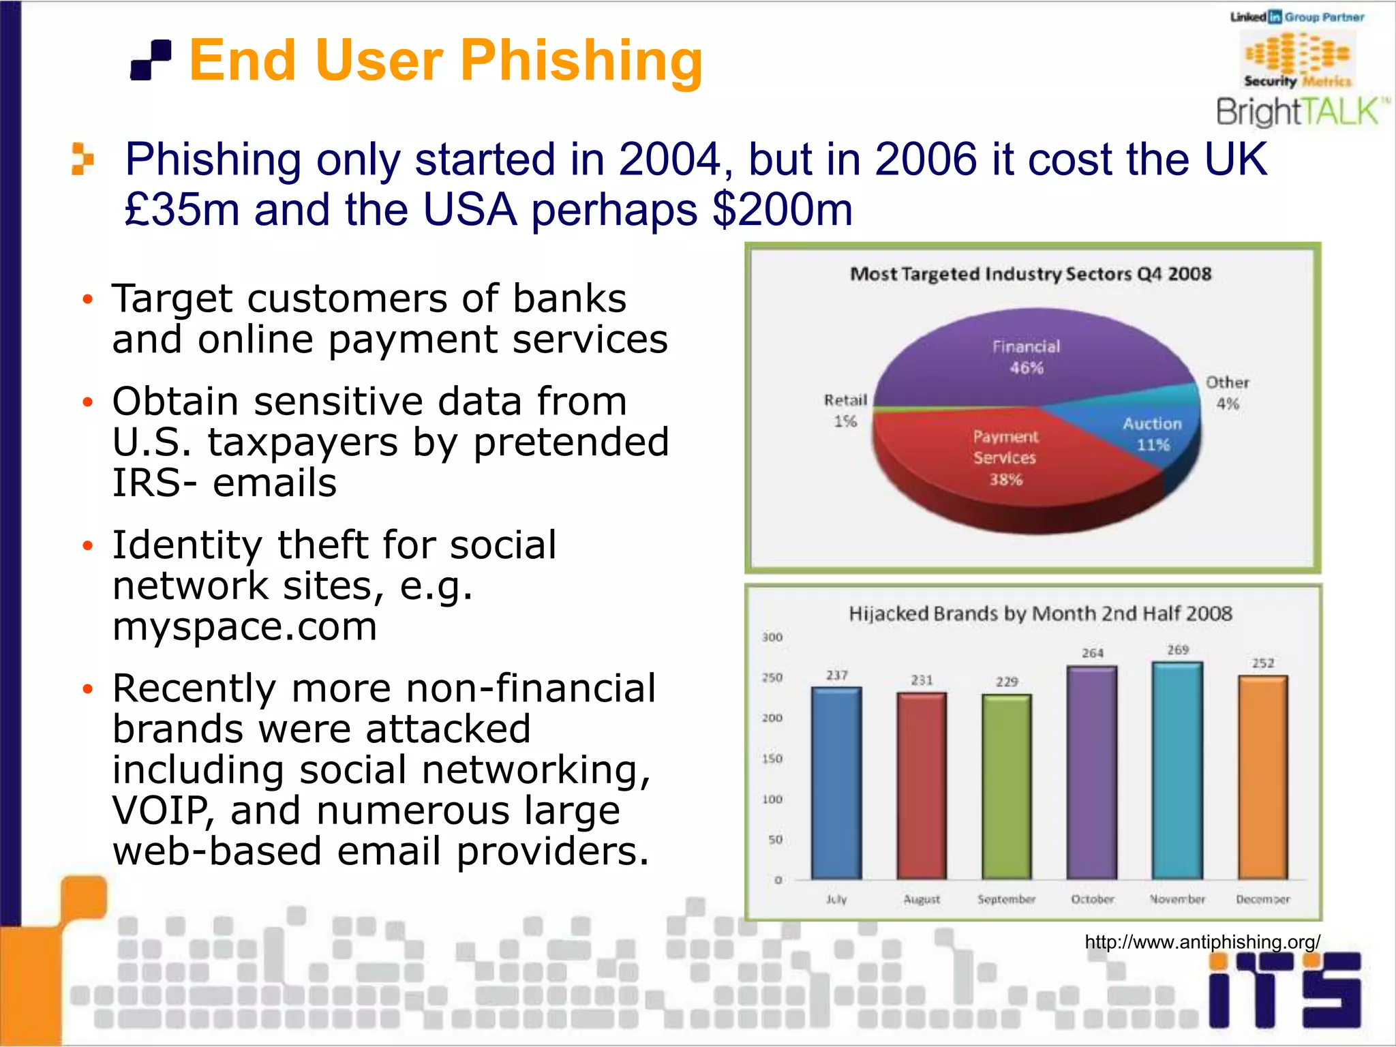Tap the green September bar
1007,787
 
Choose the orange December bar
1262,777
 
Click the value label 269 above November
1178,650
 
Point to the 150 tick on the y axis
772,759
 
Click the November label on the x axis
1177,899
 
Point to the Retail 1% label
845,410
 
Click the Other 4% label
1228,393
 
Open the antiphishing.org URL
1202,942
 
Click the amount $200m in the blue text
782,209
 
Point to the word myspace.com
245,626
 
